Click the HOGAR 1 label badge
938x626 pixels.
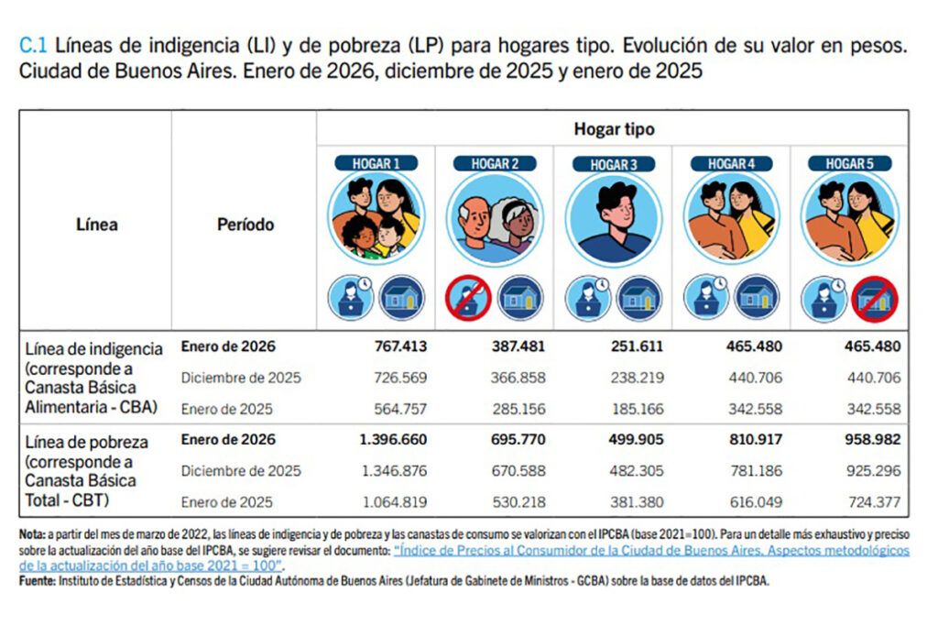point(376,163)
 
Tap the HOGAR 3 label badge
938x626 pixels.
point(614,164)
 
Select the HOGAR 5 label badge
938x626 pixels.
point(849,163)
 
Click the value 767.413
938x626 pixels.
point(400,347)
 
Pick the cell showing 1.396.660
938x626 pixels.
point(393,440)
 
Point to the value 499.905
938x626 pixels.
point(637,440)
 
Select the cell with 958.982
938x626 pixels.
point(873,440)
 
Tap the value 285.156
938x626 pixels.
point(518,409)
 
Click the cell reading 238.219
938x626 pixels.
point(637,378)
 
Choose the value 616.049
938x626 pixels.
point(755,501)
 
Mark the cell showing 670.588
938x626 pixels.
point(518,471)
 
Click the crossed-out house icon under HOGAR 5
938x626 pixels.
point(875,299)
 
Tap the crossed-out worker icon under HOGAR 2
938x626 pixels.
point(469,299)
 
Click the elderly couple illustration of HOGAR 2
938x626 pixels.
point(495,220)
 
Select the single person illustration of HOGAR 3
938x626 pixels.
point(613,220)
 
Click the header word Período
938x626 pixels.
point(245,225)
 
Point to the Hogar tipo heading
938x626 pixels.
point(614,129)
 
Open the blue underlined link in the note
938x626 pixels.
point(650,551)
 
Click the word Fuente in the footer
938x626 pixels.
point(38,580)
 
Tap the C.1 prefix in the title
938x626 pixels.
point(33,45)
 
